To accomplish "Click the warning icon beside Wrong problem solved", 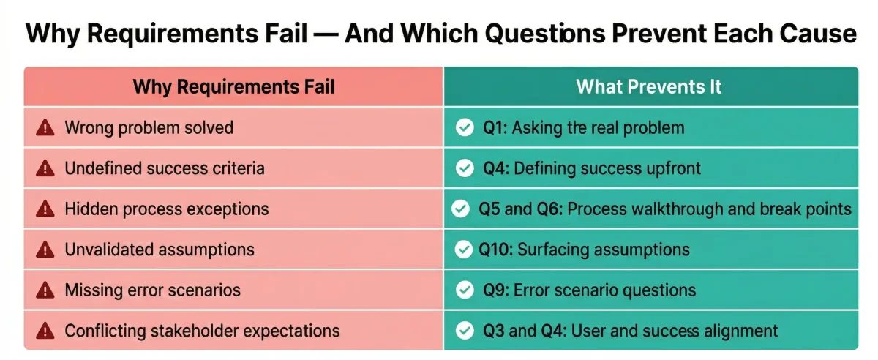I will pos(45,128).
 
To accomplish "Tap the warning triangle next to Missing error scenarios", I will pos(45,290).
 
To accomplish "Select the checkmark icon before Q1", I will pos(464,128).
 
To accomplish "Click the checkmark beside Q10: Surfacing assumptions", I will pos(464,250).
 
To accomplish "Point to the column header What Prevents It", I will pos(649,87).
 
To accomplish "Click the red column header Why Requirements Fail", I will pos(233,87).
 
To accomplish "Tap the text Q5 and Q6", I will pos(519,209).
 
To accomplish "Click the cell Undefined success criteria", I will pos(165,168).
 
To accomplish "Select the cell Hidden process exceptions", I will pos(167,209).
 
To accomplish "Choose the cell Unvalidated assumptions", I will pos(160,250).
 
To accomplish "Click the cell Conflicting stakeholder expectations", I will pos(202,331).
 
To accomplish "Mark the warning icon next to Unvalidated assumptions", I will pos(45,250).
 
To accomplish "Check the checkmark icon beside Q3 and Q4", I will pos(464,331).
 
